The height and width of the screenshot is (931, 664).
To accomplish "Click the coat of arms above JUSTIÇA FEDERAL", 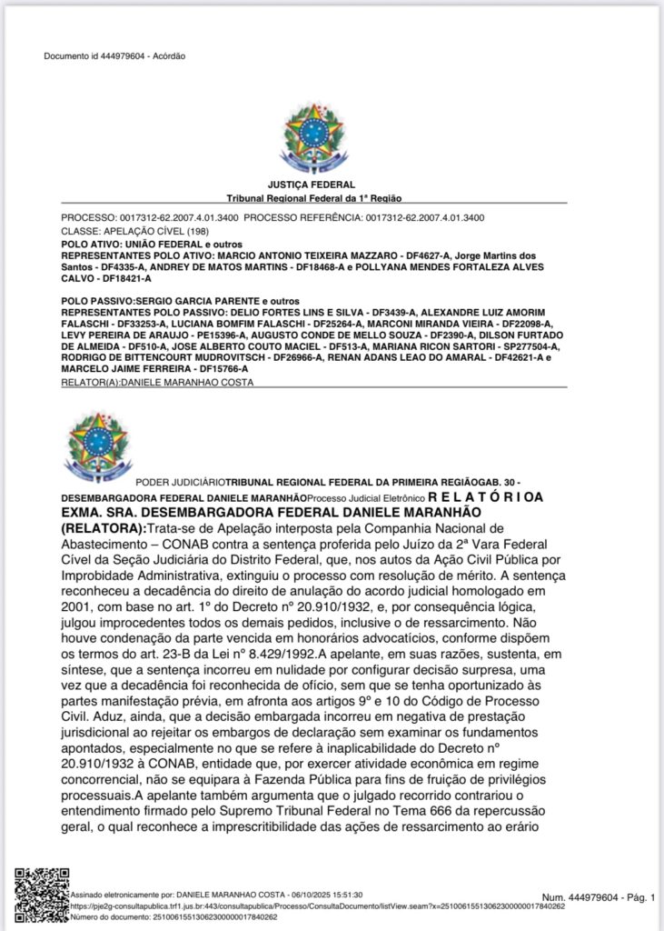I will click(313, 138).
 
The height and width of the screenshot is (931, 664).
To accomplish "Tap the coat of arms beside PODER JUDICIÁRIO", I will click(97, 447).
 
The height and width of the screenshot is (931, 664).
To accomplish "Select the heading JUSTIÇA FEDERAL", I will click(313, 185).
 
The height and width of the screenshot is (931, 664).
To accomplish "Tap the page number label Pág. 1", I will click(637, 897).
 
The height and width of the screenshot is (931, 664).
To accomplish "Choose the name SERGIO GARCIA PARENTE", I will click(197, 301).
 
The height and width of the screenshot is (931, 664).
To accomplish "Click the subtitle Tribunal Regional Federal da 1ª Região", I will click(313, 197).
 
